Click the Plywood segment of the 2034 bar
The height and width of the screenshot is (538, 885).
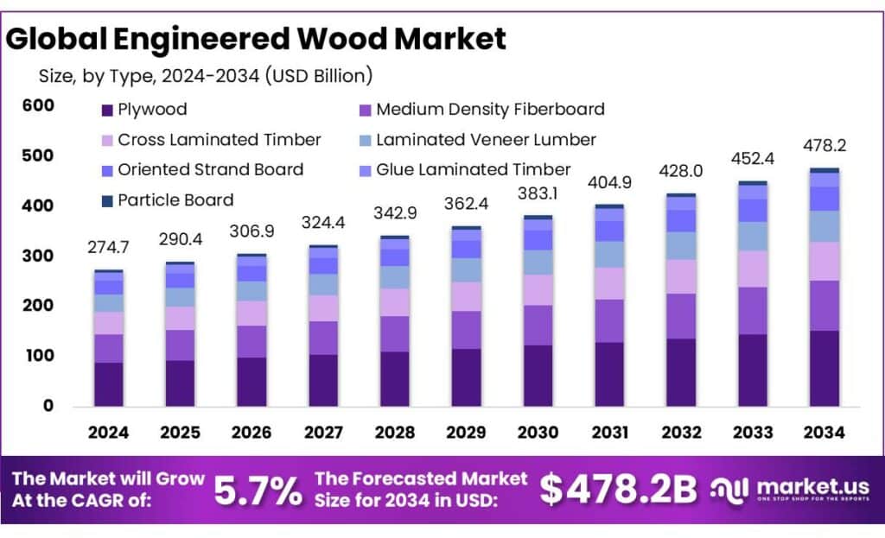(824, 368)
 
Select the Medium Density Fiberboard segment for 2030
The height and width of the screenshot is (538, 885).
(538, 325)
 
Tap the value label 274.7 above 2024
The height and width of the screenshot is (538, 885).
(108, 248)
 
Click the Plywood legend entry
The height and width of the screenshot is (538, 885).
(152, 110)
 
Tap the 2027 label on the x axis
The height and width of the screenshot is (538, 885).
(322, 433)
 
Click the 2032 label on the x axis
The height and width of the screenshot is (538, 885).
(680, 433)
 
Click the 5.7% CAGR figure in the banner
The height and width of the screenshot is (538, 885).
(258, 491)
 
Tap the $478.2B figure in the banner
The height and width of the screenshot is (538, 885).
(618, 491)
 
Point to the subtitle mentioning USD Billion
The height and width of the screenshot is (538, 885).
(206, 76)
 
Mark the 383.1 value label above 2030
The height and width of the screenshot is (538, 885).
(538, 193)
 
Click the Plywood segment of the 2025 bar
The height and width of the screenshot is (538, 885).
(180, 383)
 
